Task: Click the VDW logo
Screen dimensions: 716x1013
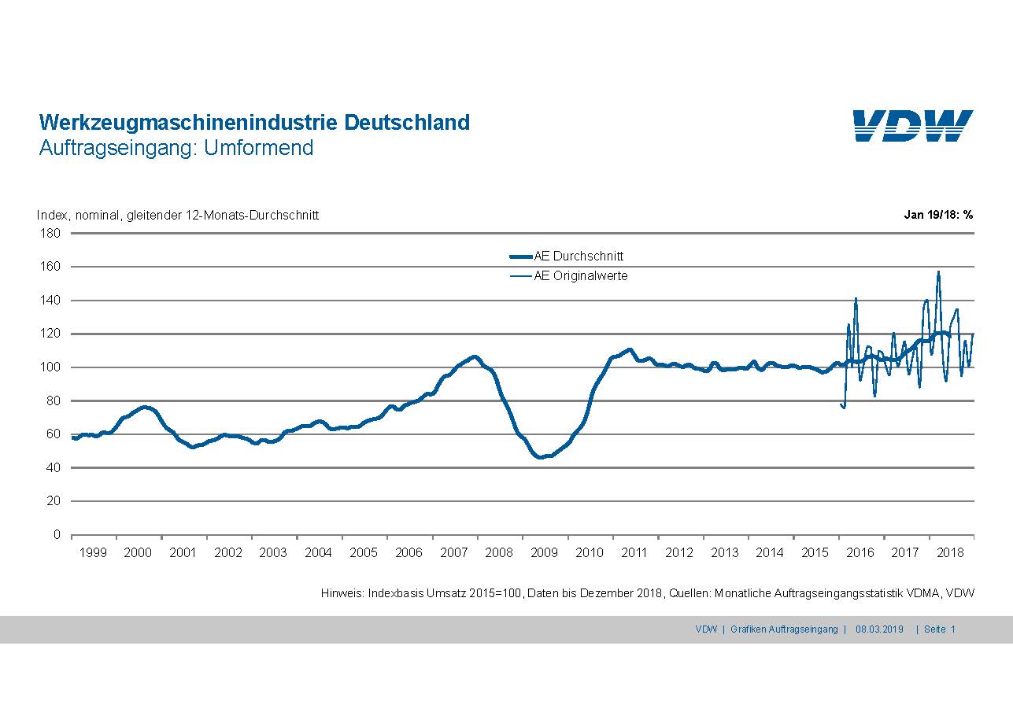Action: tap(913, 126)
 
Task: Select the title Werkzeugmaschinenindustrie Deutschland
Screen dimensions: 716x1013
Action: tap(254, 123)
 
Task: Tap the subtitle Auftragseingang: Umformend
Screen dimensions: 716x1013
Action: tap(176, 147)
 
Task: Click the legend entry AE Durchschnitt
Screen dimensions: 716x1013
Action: tap(579, 257)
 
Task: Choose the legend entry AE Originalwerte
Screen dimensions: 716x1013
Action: tap(580, 276)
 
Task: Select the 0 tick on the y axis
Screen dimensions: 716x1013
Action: tap(57, 535)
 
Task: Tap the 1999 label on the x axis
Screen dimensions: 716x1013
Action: tap(93, 553)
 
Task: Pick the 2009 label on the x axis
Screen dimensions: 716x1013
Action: tap(545, 553)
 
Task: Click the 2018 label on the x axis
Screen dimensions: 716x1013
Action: tap(951, 553)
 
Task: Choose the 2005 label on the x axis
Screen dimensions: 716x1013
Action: tap(364, 553)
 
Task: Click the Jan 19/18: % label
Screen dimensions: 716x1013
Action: tap(938, 215)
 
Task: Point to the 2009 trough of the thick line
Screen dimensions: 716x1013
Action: tap(540, 456)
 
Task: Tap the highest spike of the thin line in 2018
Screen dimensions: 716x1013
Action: tap(938, 272)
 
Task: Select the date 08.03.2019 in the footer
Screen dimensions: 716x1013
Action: tap(880, 629)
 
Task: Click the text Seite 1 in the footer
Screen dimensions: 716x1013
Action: tap(940, 629)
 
